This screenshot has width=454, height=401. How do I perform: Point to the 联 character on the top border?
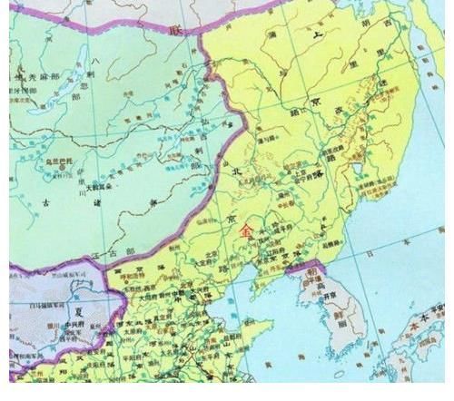(x=178, y=29)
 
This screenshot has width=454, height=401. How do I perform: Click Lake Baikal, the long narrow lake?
(x=87, y=77)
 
